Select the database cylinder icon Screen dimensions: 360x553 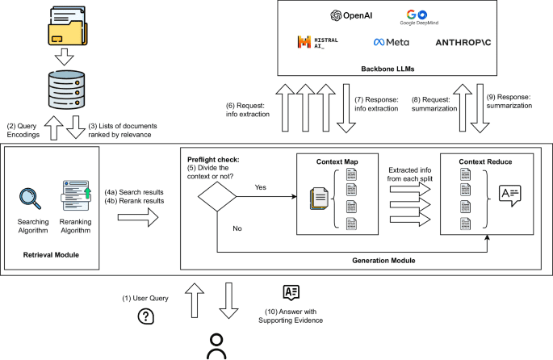[x=65, y=90]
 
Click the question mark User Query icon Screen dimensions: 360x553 [x=146, y=316]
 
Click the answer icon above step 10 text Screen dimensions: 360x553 [x=290, y=293]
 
